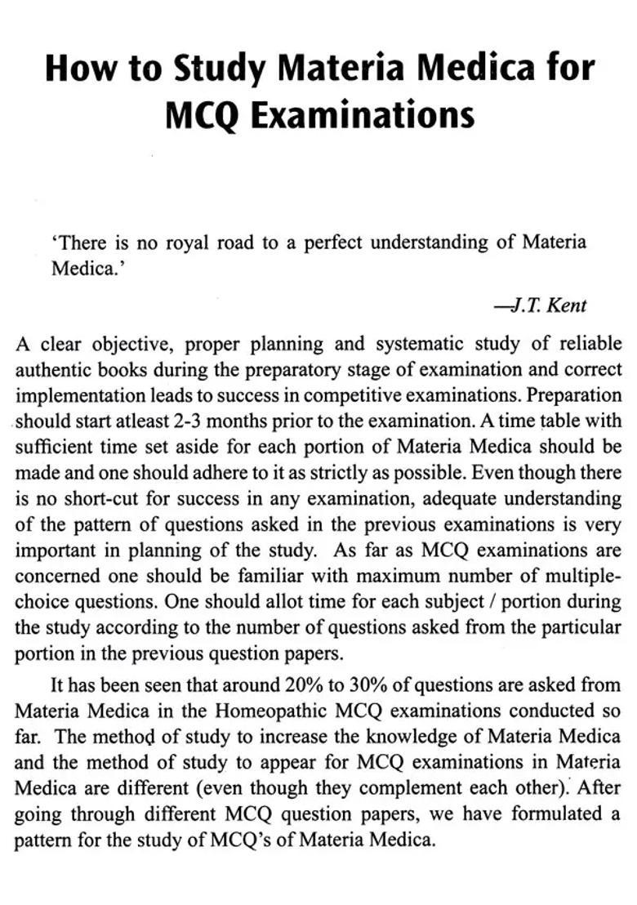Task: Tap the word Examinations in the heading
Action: pyautogui.click(x=362, y=115)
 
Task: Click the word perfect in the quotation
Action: pyautogui.click(x=334, y=243)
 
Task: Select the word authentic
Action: pyautogui.click(x=54, y=369)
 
